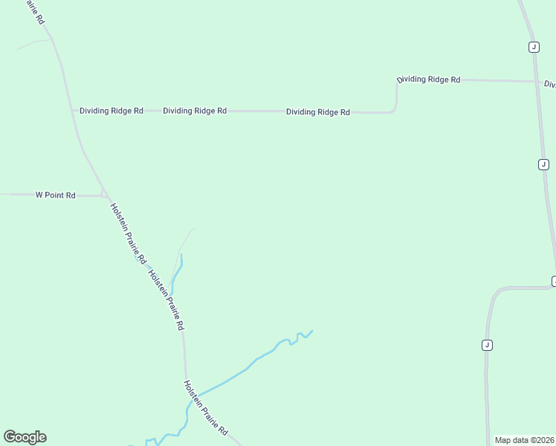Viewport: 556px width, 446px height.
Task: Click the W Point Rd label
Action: click(56, 195)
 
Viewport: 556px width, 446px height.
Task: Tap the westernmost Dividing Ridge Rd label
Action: click(111, 111)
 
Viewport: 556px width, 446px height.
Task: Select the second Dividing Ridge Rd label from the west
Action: click(195, 111)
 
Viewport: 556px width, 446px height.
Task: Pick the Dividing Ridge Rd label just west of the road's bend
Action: click(317, 112)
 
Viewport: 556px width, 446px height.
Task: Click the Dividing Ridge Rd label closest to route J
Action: click(428, 80)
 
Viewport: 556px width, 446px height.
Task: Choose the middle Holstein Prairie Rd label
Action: click(166, 300)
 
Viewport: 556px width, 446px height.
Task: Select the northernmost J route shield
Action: click(534, 47)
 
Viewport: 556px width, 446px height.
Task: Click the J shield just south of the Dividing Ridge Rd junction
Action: click(543, 164)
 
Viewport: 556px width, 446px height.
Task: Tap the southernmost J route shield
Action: click(487, 345)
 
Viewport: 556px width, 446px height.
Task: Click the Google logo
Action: click(25, 437)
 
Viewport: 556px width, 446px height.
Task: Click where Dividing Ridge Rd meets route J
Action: click(536, 81)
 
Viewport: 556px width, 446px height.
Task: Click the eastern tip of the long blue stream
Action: click(312, 330)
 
